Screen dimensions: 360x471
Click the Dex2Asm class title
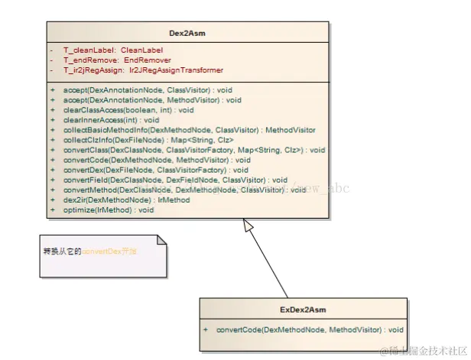point(187,33)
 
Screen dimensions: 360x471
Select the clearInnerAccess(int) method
point(111,120)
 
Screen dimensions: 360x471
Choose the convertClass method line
point(194,150)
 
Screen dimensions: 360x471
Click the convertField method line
point(175,180)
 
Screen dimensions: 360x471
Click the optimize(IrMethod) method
point(108,209)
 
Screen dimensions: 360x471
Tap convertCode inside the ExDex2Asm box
point(309,329)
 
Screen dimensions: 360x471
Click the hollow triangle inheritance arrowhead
point(246,225)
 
